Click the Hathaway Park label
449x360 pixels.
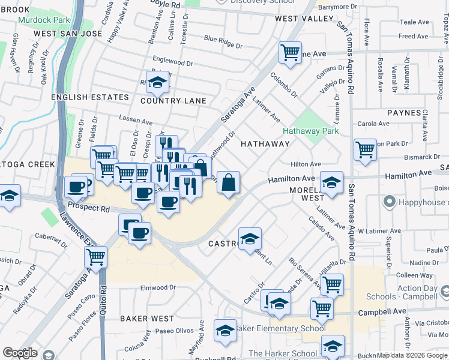(311, 131)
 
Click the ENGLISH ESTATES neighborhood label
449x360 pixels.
(90, 97)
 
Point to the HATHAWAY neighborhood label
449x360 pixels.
(265, 144)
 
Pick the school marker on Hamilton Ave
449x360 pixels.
(331, 181)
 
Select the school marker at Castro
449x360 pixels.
(250, 238)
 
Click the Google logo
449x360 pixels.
(19, 353)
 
